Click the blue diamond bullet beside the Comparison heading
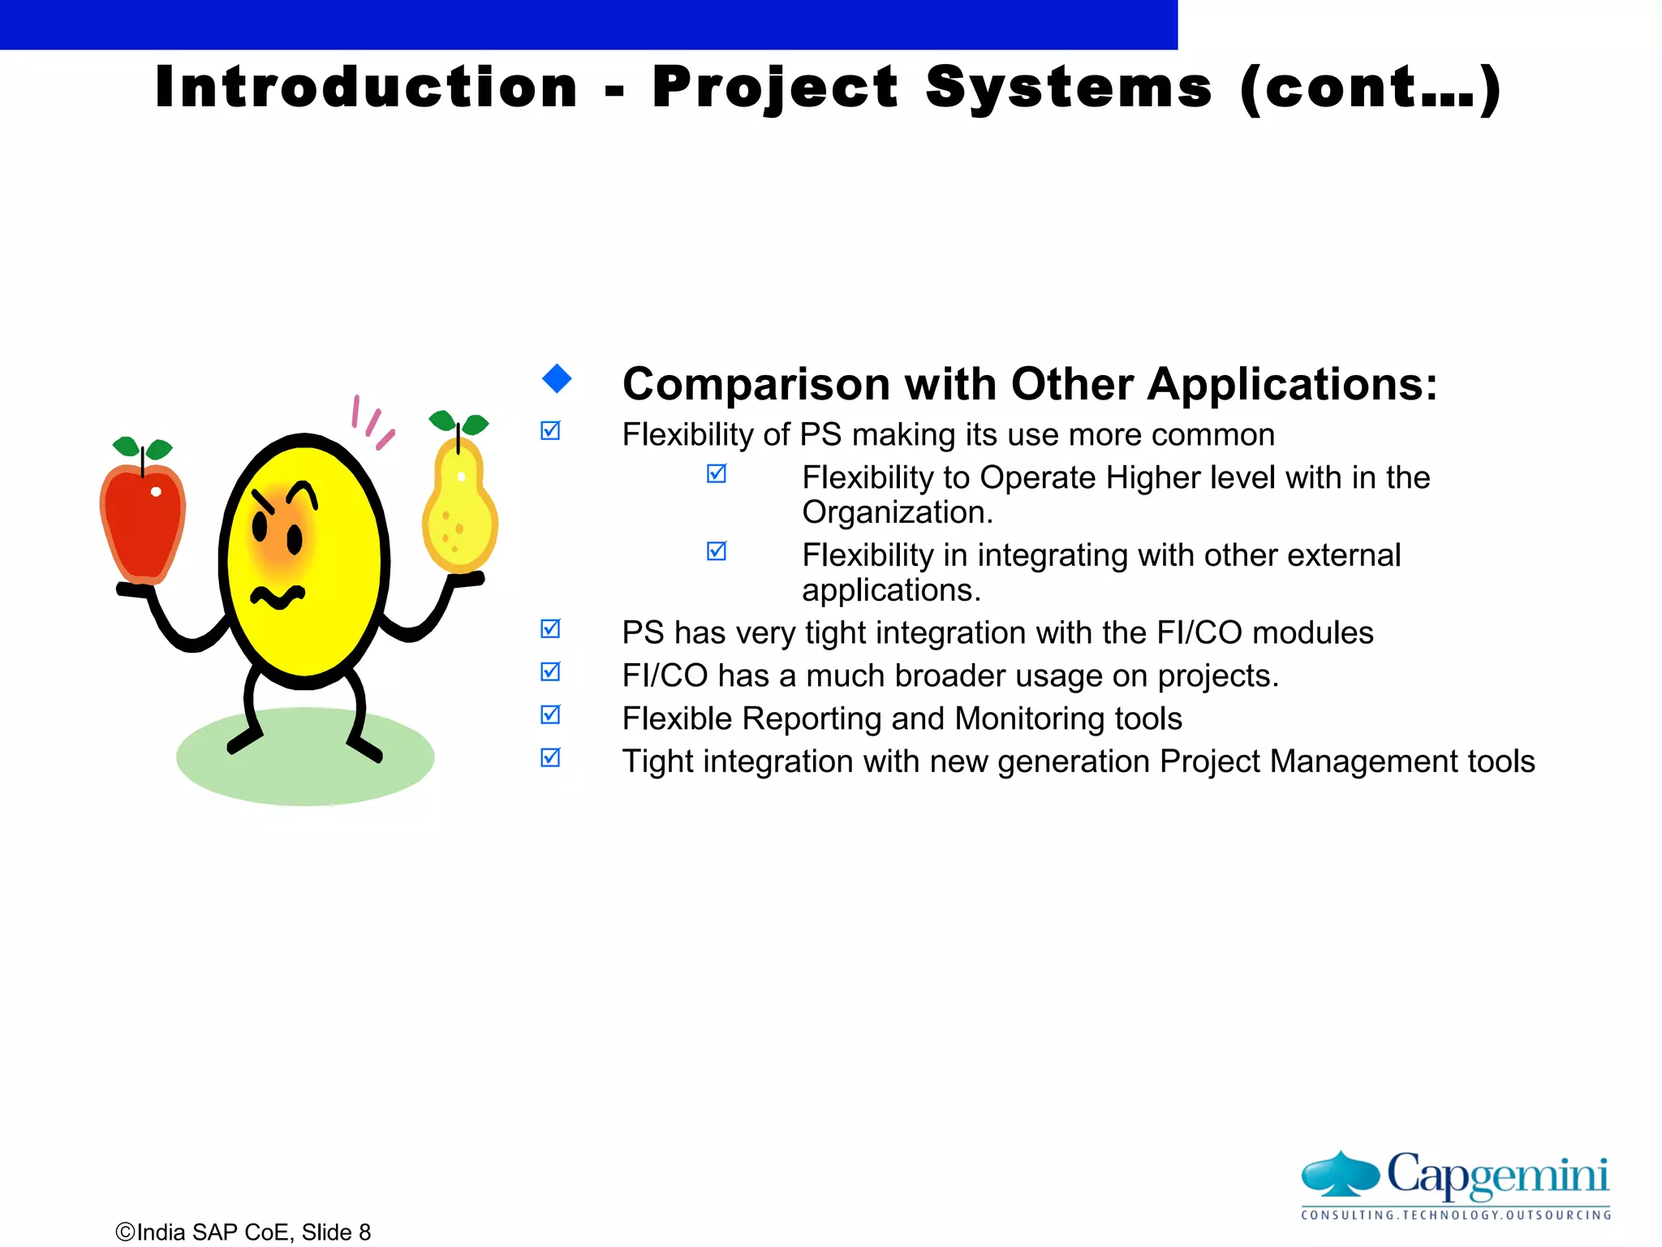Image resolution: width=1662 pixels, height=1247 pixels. [x=557, y=378]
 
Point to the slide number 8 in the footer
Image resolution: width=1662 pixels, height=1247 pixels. [x=364, y=1232]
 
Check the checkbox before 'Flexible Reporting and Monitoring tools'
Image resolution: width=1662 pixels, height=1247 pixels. [x=550, y=714]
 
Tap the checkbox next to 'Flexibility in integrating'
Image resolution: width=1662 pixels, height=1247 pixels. [x=717, y=551]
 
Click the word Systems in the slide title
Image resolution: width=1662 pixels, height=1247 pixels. [x=1069, y=87]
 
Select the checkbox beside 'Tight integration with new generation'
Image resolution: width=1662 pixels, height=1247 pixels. [x=550, y=757]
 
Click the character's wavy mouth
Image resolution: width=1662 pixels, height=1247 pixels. [x=278, y=598]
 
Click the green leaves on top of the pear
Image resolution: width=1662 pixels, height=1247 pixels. [x=459, y=422]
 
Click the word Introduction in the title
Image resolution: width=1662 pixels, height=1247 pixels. [x=367, y=87]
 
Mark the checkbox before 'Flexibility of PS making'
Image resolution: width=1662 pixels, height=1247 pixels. [x=550, y=430]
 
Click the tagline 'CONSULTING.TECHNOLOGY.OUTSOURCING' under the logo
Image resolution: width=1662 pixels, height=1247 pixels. [x=1455, y=1215]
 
